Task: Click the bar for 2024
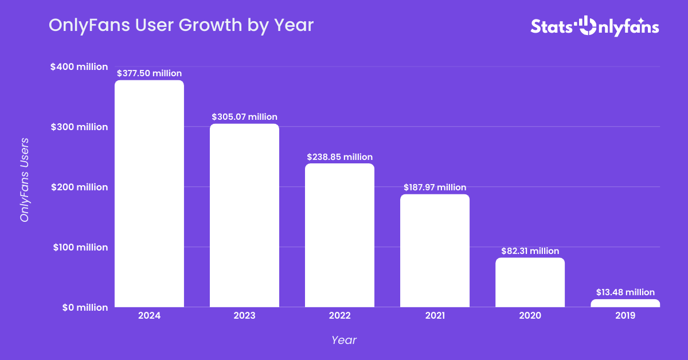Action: pyautogui.click(x=149, y=194)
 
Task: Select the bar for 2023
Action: pyautogui.click(x=244, y=216)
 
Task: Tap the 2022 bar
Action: pyautogui.click(x=339, y=235)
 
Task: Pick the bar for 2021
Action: pyautogui.click(x=435, y=251)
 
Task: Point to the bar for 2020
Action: pyautogui.click(x=530, y=282)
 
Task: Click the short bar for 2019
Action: pyautogui.click(x=625, y=303)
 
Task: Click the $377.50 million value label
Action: pyautogui.click(x=149, y=73)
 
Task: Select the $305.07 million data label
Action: pyautogui.click(x=244, y=117)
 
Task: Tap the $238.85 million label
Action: pyautogui.click(x=339, y=157)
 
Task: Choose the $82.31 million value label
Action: pyautogui.click(x=530, y=251)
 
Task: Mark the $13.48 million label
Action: pyautogui.click(x=625, y=292)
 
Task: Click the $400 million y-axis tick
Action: pyautogui.click(x=79, y=66)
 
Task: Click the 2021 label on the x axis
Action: pyautogui.click(x=435, y=315)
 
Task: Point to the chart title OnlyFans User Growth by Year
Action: pyautogui.click(x=181, y=25)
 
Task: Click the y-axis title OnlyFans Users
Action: pyautogui.click(x=25, y=180)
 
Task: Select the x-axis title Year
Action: pyautogui.click(x=344, y=340)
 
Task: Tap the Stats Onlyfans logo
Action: pyautogui.click(x=595, y=26)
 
